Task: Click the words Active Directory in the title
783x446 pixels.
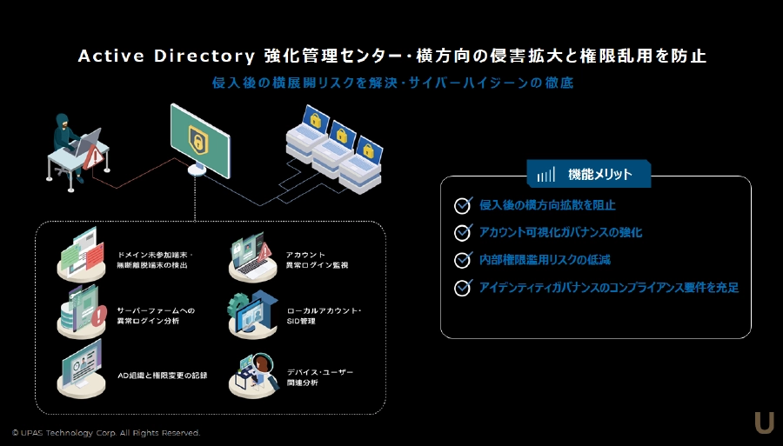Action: coord(165,57)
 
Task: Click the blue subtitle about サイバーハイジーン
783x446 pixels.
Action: coord(392,83)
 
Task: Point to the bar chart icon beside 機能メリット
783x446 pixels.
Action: coord(545,175)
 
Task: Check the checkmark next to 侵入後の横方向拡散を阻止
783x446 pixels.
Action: coord(463,206)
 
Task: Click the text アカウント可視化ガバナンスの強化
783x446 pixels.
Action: coord(560,233)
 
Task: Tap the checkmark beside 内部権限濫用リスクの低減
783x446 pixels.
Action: coord(463,260)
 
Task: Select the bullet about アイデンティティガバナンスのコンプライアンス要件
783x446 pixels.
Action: coord(608,287)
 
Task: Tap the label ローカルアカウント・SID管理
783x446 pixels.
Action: coord(323,316)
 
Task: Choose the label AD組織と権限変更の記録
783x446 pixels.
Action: coord(162,376)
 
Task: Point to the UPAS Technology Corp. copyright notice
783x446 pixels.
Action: coord(105,432)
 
